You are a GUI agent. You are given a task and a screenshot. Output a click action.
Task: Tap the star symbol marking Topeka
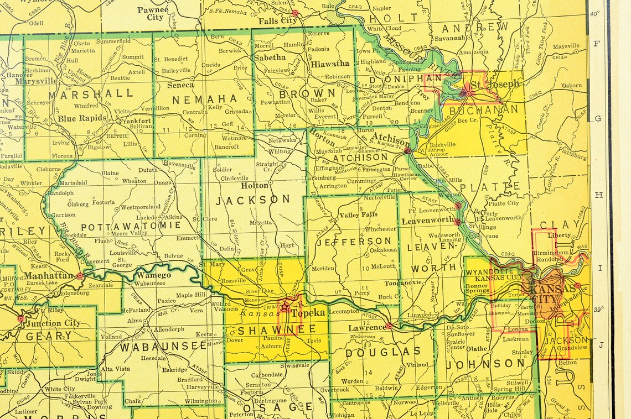(x=285, y=306)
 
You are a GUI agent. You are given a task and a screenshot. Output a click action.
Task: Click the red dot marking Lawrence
(x=390, y=326)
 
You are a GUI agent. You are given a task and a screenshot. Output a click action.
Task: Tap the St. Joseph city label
(x=495, y=85)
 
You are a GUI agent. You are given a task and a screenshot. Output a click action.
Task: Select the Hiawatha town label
(x=330, y=64)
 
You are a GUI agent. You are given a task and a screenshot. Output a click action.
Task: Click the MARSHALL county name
(x=91, y=93)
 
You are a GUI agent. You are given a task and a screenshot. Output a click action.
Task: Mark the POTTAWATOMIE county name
(x=131, y=226)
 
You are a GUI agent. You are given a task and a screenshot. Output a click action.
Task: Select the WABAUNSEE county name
(x=160, y=347)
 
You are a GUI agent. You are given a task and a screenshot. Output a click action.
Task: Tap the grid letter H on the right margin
(x=598, y=195)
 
